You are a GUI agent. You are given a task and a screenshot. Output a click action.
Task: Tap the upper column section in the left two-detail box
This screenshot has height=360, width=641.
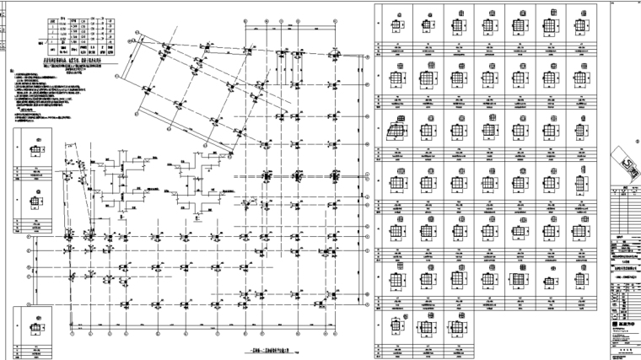coord(38,153)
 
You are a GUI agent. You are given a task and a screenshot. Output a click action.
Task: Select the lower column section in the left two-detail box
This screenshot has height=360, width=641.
coord(38,202)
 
